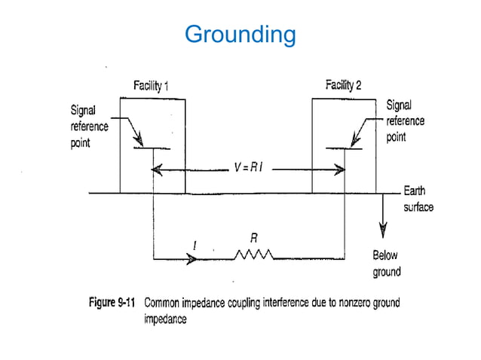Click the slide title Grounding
click(x=240, y=35)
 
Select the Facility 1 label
click(x=147, y=86)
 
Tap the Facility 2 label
click(x=343, y=84)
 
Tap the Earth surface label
click(x=418, y=199)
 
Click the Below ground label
click(x=387, y=264)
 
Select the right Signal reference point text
click(x=405, y=121)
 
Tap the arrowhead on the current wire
click(x=193, y=259)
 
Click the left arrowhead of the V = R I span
click(x=157, y=170)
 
